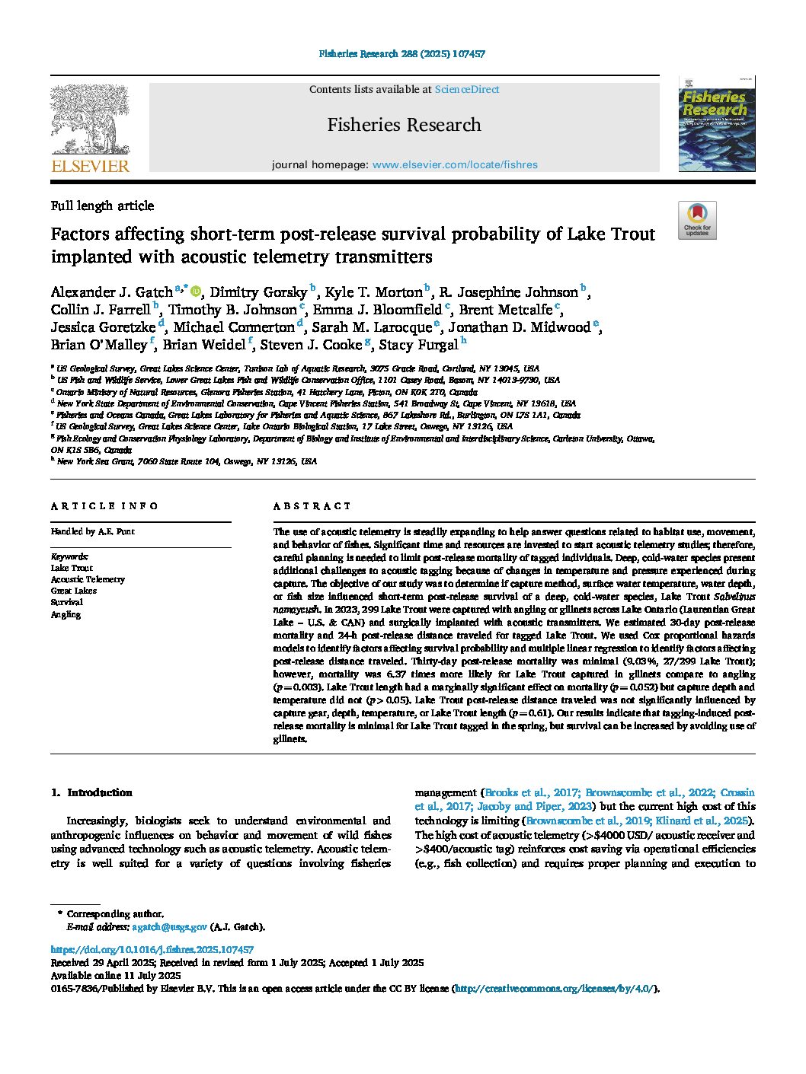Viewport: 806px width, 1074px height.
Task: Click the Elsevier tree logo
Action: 90,128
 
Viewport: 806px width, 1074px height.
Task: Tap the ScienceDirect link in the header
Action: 466,90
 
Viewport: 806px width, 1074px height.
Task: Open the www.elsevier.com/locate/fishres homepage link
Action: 455,164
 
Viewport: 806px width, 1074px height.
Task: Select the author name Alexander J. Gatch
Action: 111,292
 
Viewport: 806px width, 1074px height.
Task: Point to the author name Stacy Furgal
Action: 418,345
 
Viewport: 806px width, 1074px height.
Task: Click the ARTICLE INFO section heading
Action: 104,506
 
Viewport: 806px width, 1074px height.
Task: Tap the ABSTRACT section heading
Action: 312,506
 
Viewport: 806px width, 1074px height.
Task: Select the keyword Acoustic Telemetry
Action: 88,579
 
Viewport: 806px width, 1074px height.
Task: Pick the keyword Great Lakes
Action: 74,591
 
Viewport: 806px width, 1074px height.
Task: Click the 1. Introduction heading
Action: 92,792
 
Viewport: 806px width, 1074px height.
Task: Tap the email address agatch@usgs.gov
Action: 169,927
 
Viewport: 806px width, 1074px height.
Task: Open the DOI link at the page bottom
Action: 152,950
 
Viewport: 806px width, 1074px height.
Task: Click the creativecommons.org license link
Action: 555,989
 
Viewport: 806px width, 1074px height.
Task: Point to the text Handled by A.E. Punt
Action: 93,531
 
